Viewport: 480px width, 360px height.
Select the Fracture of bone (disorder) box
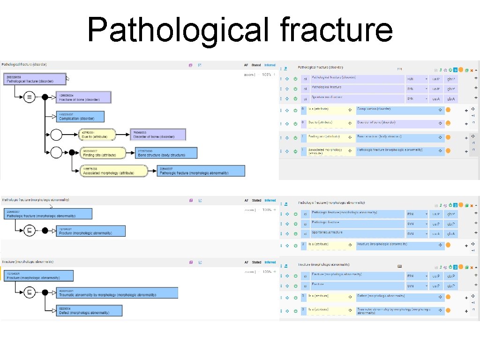point(83,97)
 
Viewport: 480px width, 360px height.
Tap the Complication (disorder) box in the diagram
point(80,116)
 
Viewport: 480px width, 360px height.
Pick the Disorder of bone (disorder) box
point(158,135)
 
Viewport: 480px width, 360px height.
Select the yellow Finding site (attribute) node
point(102,153)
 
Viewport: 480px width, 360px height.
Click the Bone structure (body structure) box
point(166,153)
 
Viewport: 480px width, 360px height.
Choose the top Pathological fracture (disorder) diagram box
point(34,79)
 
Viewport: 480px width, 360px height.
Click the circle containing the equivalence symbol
point(30,97)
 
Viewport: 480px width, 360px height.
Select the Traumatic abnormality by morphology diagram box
point(117,293)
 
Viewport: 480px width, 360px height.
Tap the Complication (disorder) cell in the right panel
point(400,110)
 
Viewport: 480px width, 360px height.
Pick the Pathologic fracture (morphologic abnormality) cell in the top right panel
point(400,151)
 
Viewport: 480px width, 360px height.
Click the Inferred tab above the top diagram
point(270,65)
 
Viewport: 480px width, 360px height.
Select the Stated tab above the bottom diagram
point(256,262)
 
